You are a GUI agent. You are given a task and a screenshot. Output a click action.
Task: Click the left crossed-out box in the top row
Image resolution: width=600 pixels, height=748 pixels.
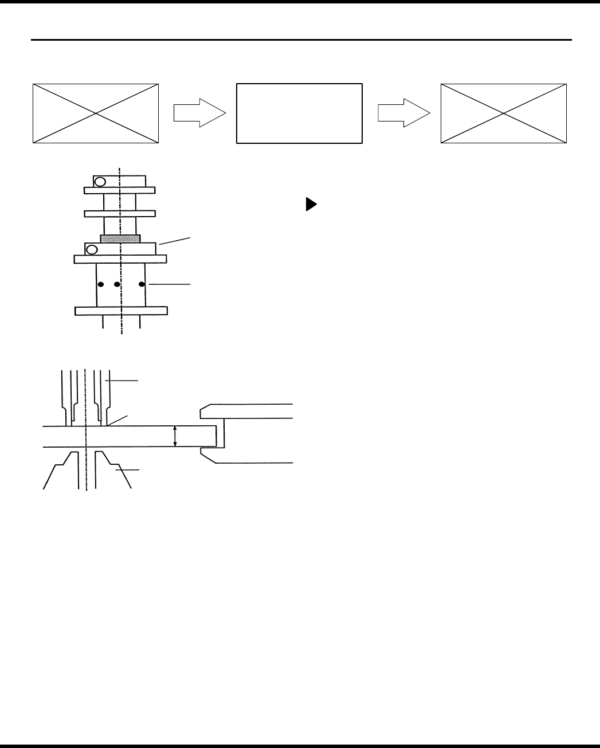[95, 113]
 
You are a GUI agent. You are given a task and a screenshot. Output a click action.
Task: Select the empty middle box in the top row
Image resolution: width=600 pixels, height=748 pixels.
[299, 113]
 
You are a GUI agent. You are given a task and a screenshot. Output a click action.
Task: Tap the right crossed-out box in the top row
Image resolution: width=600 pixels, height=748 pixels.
[503, 113]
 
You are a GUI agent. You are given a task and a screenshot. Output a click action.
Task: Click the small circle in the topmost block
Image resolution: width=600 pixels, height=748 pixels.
[100, 182]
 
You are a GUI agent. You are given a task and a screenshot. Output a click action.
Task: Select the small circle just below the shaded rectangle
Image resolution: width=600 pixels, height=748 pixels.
[91, 249]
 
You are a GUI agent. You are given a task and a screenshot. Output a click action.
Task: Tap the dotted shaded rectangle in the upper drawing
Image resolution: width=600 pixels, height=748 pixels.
[120, 238]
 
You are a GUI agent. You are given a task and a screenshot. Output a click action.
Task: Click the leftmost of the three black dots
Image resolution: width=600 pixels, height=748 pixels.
[100, 284]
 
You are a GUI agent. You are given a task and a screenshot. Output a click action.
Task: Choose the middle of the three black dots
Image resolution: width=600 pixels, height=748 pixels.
[117, 284]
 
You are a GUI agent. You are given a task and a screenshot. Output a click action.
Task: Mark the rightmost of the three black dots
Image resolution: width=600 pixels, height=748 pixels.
[141, 284]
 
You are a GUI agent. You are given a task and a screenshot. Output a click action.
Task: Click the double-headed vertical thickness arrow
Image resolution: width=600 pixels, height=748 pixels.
[175, 437]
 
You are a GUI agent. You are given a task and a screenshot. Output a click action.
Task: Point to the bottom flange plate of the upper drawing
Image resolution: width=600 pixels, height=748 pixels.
[121, 311]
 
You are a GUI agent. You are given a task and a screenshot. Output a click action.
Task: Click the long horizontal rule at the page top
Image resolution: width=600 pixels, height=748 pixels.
[301, 40]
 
